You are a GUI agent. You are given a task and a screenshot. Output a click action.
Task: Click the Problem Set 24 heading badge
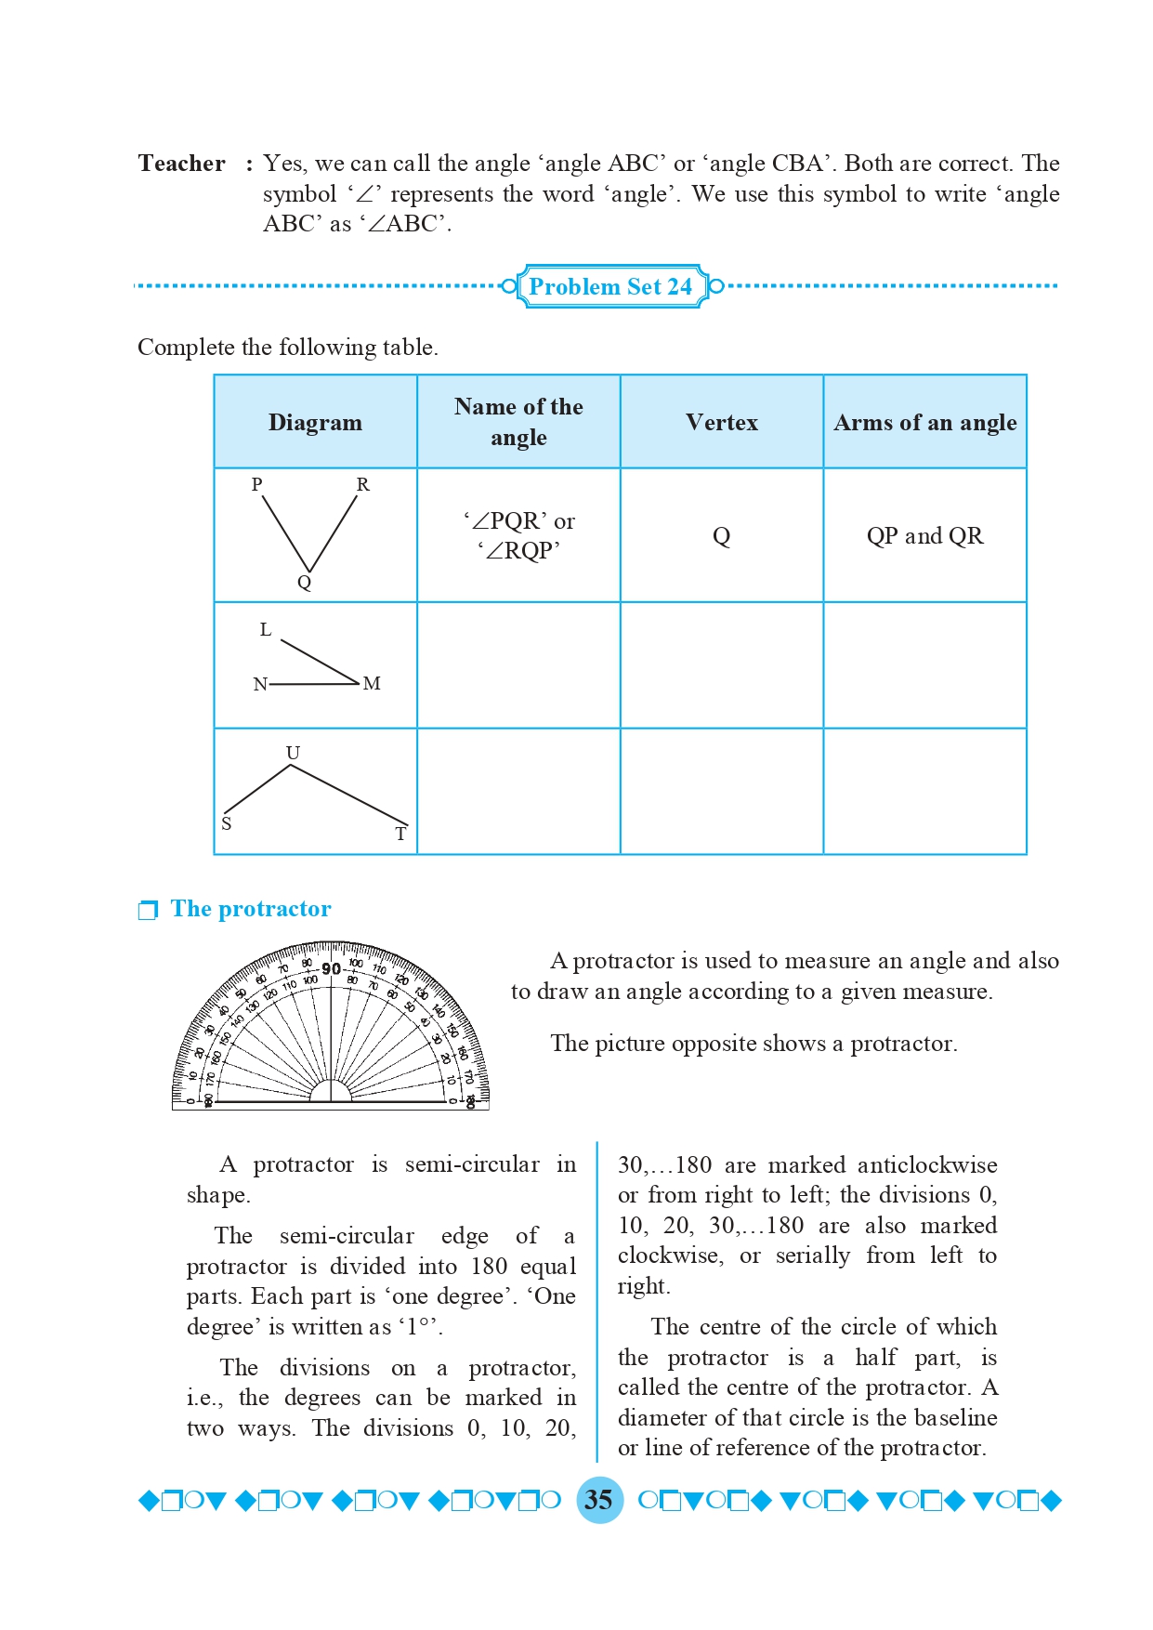tap(610, 286)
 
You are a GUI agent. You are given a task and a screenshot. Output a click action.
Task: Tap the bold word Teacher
tap(182, 164)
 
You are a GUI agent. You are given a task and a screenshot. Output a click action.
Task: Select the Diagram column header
tap(315, 423)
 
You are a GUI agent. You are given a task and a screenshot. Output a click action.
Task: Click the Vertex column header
tap(722, 423)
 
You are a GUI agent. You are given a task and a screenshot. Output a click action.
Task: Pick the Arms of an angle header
tap(924, 423)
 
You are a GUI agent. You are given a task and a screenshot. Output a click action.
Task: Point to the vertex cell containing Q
tap(722, 536)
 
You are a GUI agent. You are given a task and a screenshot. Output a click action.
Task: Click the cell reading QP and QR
tap(924, 536)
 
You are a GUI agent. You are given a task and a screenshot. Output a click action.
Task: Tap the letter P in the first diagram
tap(257, 484)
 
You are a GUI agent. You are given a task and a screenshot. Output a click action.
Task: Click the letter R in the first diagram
tap(362, 484)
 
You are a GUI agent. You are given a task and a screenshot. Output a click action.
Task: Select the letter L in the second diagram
tap(266, 630)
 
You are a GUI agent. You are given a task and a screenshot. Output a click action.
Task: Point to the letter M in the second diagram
tap(372, 684)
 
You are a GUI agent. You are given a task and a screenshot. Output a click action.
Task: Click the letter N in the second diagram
tap(260, 685)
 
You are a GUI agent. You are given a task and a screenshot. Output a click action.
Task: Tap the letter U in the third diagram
tap(293, 753)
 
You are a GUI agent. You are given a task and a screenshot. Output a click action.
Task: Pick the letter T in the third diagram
tap(400, 834)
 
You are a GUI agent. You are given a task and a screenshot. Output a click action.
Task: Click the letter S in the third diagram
tap(227, 823)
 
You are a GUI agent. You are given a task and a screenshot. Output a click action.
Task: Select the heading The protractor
tap(251, 909)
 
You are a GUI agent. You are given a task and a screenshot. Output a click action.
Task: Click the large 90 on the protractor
tap(331, 969)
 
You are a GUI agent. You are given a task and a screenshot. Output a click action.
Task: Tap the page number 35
tap(599, 1500)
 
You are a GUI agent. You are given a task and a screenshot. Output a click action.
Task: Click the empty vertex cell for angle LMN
tap(722, 665)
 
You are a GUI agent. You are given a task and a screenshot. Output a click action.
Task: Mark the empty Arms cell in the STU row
tap(924, 792)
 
